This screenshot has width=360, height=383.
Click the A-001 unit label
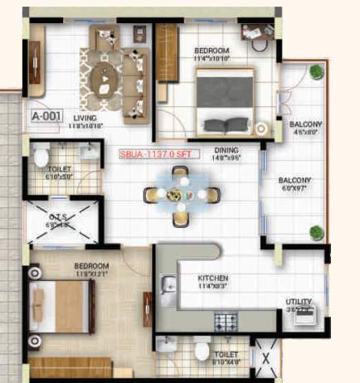click(46, 116)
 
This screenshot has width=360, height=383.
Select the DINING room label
click(226, 151)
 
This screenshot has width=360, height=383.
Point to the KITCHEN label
click(213, 278)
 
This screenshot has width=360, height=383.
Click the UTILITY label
click(299, 302)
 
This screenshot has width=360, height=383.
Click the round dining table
click(181, 195)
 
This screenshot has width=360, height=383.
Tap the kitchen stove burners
click(226, 320)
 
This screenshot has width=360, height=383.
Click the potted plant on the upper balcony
click(315, 72)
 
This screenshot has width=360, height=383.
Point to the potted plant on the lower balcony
click(315, 231)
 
